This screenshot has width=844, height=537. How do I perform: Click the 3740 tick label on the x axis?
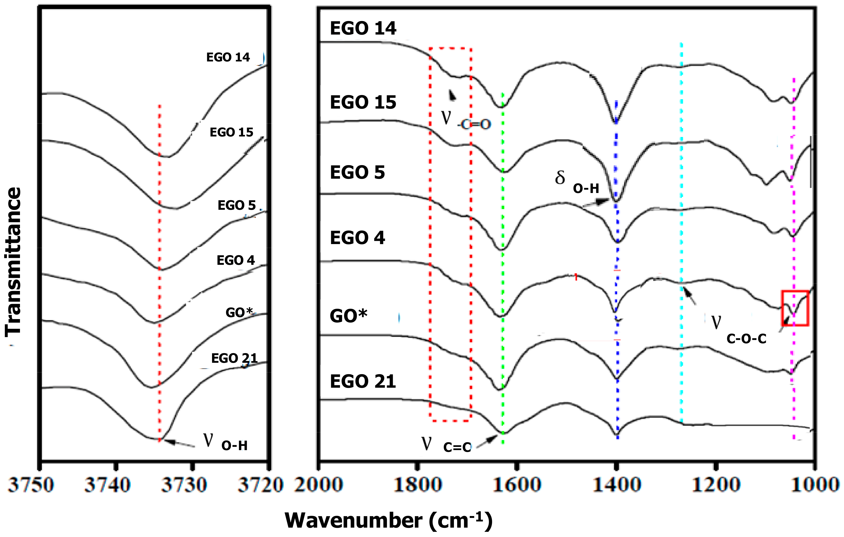pyautogui.click(x=108, y=485)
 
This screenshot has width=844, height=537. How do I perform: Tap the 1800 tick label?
pyautogui.click(x=417, y=485)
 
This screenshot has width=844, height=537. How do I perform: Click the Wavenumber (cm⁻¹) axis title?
pyautogui.click(x=388, y=520)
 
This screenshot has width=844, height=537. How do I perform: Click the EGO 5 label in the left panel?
pyautogui.click(x=237, y=205)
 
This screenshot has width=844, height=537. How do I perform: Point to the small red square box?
pyautogui.click(x=795, y=308)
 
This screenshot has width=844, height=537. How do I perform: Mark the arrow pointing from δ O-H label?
pyautogui.click(x=596, y=203)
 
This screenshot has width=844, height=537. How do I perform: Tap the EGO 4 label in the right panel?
pyautogui.click(x=357, y=238)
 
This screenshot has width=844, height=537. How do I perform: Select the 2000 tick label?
pyautogui.click(x=318, y=485)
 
